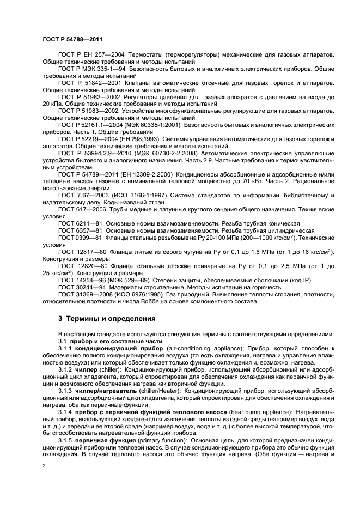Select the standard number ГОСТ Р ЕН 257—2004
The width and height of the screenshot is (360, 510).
88,56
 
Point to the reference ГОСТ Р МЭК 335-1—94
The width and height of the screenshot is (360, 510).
90,69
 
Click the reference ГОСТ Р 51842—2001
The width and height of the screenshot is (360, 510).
87,83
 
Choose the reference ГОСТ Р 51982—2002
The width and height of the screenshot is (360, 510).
87,96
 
